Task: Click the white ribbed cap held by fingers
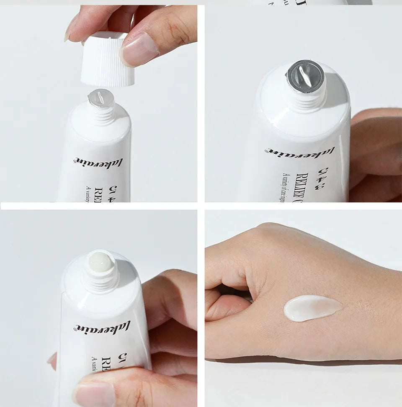(108, 63)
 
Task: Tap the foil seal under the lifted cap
(101, 98)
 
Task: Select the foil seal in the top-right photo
(305, 75)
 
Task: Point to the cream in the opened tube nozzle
(100, 262)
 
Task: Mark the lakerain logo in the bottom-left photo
(103, 326)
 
